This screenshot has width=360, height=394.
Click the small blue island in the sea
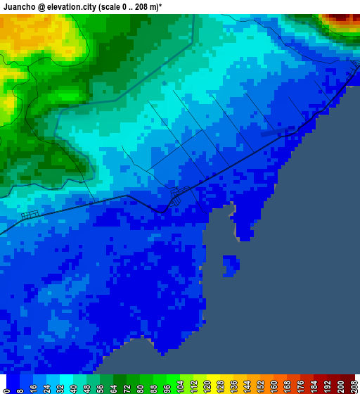(231, 265)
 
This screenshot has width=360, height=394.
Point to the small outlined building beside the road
(29, 215)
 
